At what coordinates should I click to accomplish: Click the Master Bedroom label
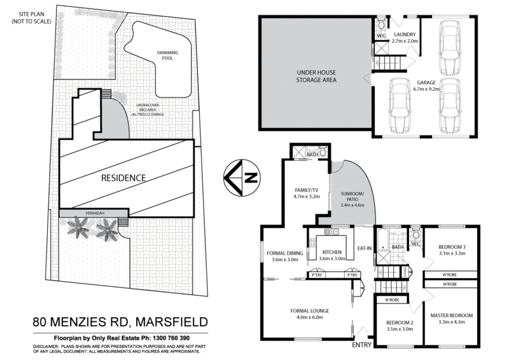(452, 315)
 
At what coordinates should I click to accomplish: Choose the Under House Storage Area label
(315, 77)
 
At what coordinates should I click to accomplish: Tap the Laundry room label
(405, 34)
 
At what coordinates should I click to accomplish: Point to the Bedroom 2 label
(400, 322)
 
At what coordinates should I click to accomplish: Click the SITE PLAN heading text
(29, 13)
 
